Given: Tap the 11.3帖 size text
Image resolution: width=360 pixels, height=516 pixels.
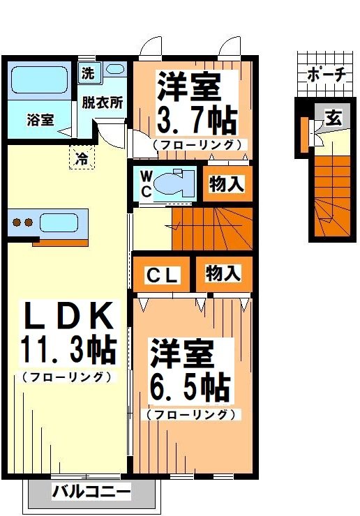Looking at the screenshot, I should pos(68,350).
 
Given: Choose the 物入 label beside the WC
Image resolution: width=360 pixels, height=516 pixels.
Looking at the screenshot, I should pos(227,184).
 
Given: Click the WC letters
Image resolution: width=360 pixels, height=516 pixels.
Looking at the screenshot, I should pos(145,183).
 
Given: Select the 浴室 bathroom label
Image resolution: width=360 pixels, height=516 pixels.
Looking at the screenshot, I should pos(40,120).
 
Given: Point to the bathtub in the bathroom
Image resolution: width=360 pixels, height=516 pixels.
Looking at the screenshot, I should pos(39,81).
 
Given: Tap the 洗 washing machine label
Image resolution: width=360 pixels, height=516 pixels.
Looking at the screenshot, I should pos(88,72).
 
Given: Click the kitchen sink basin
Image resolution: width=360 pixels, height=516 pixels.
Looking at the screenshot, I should pos(61,223).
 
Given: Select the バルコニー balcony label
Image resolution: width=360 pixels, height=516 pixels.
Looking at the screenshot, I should pos(91,492).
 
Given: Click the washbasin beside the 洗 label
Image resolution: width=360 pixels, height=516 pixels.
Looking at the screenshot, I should pos(115,70).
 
